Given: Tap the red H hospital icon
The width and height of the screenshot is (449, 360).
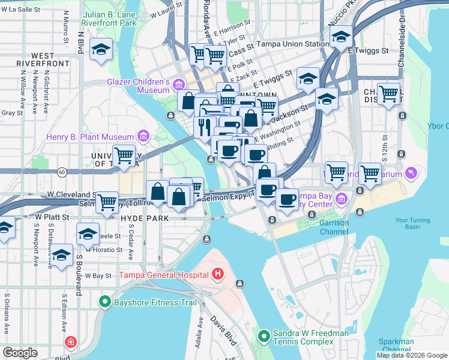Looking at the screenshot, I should click(218, 275).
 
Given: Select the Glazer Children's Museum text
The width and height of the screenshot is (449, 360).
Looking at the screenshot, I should click(136, 86).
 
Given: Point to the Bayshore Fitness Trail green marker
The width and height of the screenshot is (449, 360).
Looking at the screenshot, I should click(106, 302).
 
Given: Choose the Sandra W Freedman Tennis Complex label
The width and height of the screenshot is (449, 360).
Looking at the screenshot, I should click(303, 337).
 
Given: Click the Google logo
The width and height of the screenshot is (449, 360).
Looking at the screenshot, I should click(20, 352).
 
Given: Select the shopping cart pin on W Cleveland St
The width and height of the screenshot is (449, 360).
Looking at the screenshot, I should click(107, 201).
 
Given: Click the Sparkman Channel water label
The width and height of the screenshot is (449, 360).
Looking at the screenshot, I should click(397, 346).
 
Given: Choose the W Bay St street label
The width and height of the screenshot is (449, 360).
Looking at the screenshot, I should click(98, 275).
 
